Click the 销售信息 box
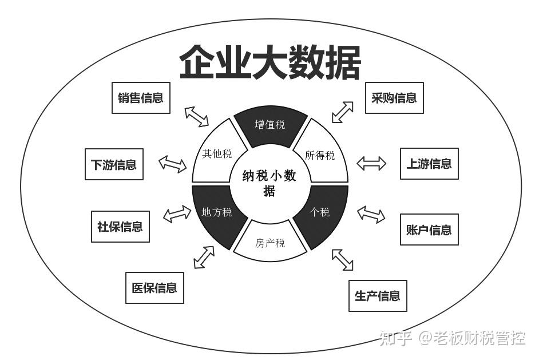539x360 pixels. [x=140, y=97]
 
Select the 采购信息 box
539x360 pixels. [x=394, y=97]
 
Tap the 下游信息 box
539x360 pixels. [x=113, y=164]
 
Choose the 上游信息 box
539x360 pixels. [x=429, y=164]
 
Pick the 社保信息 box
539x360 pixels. [x=120, y=226]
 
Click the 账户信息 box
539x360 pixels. [x=429, y=230]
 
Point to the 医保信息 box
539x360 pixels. [x=154, y=287]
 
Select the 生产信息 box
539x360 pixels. [x=378, y=295]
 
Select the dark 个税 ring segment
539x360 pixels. [x=320, y=212]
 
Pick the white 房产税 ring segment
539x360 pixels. [x=270, y=243]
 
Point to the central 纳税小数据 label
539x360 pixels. [x=269, y=183]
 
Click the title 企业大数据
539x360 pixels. [x=269, y=62]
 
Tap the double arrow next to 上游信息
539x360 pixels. [x=371, y=164]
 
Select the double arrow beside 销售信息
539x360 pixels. [x=197, y=116]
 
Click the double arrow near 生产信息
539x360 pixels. [x=343, y=259]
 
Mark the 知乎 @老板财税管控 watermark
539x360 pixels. [x=452, y=338]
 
